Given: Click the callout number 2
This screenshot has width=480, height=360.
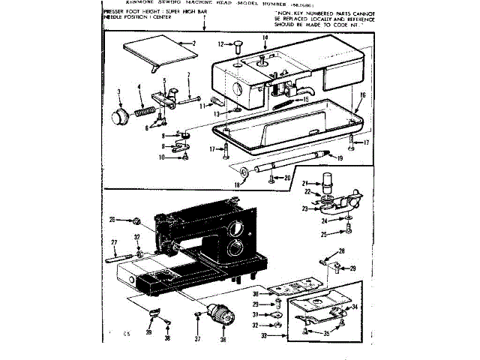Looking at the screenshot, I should pos(193,43).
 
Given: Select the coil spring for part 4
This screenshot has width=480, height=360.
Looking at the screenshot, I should pos(145,111).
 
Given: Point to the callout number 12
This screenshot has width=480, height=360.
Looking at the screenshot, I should pos(222,44).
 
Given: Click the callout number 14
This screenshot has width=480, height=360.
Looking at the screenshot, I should pos(265,37).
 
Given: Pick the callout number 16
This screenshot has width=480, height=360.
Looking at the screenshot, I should pos(362,95).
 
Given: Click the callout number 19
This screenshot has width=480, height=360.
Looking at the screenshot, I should pos(340,157).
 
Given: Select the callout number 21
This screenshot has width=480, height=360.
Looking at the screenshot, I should pos(306,183).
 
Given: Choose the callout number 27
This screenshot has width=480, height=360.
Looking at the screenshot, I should pos(115,241).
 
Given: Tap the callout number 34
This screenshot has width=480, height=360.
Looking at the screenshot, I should pos(355,308).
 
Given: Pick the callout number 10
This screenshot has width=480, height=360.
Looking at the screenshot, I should pos(162,157).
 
